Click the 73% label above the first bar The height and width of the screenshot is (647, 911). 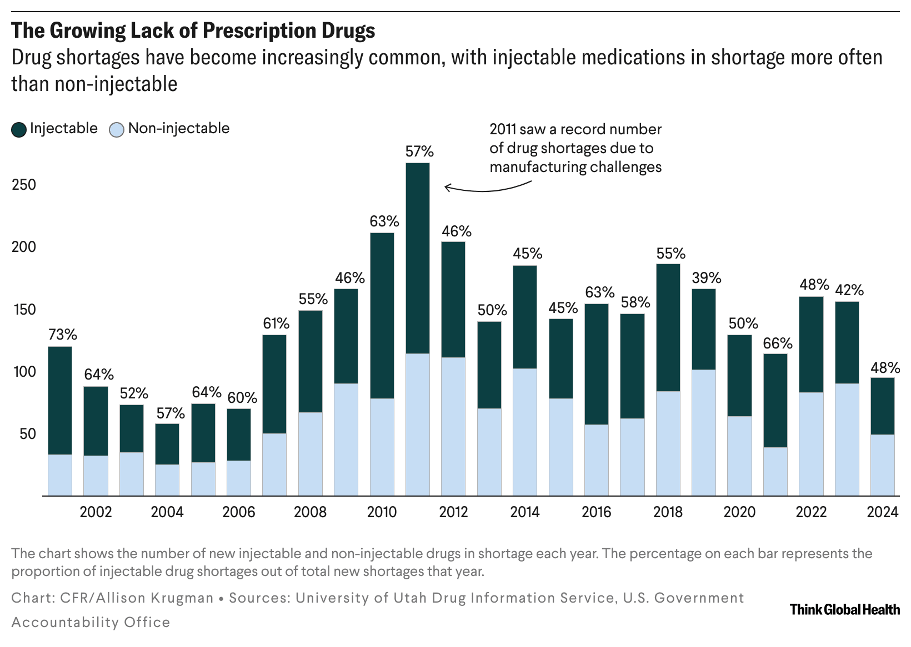(x=63, y=335)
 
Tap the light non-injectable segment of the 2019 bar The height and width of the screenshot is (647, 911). (x=704, y=432)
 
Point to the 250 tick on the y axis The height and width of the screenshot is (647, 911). (x=24, y=185)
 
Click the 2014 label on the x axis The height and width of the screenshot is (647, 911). (x=525, y=512)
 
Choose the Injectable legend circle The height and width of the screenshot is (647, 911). (x=19, y=130)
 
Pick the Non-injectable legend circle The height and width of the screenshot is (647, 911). (x=117, y=130)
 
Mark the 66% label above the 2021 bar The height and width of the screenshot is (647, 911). (x=777, y=343)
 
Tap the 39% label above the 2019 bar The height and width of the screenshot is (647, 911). (x=707, y=278)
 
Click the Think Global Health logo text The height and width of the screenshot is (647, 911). (x=844, y=609)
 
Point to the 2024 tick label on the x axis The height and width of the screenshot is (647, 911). (x=883, y=512)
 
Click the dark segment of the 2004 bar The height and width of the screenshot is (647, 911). (x=167, y=444)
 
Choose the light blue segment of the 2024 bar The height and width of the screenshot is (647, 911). (x=882, y=464)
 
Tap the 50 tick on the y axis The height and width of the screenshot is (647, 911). (x=28, y=434)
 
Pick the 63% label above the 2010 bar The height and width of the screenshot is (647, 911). (x=384, y=221)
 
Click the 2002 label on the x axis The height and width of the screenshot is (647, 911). (x=96, y=512)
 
